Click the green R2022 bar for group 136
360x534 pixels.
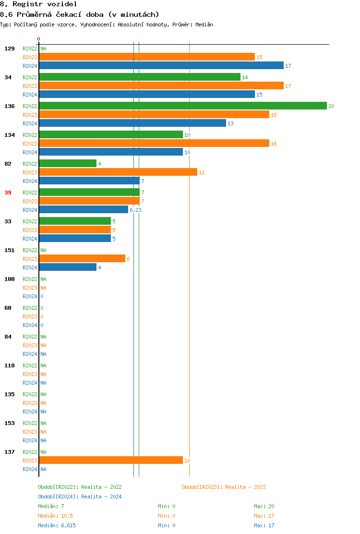(x=182, y=106)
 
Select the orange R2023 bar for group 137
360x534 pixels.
(x=111, y=461)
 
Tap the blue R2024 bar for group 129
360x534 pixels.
(x=161, y=66)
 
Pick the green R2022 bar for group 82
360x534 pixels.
(x=68, y=164)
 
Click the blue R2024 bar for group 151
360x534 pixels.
(x=68, y=267)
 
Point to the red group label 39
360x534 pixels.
(x=8, y=193)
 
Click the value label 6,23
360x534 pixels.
(x=135, y=210)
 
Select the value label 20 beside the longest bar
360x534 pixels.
(x=331, y=106)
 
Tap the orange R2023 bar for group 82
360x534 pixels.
(x=118, y=172)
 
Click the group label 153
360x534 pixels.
(x=10, y=423)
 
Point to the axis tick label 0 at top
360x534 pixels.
(x=39, y=39)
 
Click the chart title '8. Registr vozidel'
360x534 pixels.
(x=38, y=4)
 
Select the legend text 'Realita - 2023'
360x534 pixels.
(x=245, y=487)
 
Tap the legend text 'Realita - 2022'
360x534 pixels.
(x=101, y=487)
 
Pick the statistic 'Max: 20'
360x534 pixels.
(x=264, y=506)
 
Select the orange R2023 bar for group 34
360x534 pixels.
(x=161, y=86)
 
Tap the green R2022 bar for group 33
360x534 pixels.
(x=75, y=221)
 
